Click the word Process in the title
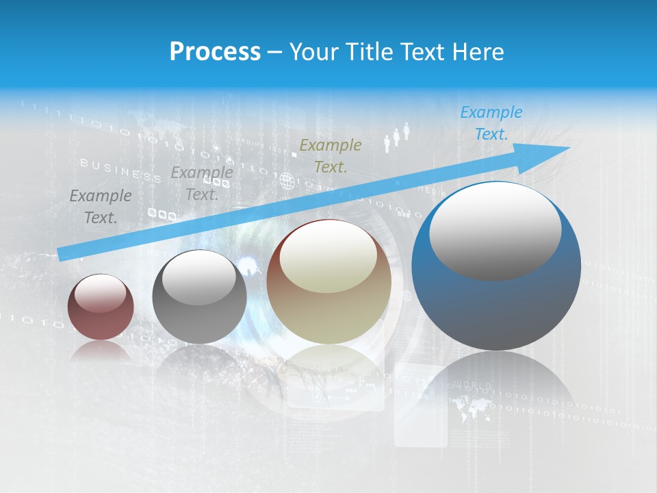pos(214,51)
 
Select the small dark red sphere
pos(101,307)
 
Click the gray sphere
pos(199,296)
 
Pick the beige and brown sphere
pos(328,281)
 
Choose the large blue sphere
pos(496,267)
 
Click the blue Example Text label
pos(491,123)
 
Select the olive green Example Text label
pos(331,155)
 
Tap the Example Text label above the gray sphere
pos(201,184)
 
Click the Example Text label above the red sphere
pos(101,207)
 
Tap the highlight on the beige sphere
pos(328,257)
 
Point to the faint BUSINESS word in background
pos(120,170)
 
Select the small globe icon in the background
pos(286,181)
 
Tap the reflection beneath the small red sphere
pos(101,352)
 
